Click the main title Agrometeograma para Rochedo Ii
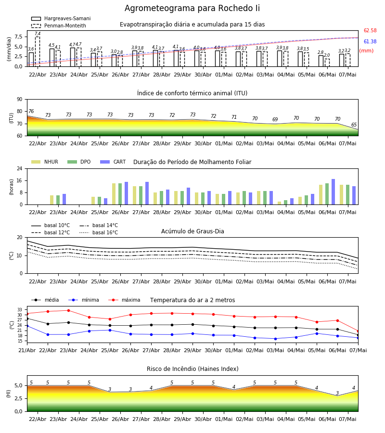tap(192, 8)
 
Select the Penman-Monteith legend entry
tap(59, 25)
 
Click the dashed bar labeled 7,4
tap(38, 51)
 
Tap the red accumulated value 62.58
tap(370, 30)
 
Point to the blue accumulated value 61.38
tap(370, 41)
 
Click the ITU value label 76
tap(31, 111)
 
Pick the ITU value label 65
tap(354, 125)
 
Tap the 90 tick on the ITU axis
tap(20, 100)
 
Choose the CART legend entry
tap(113, 162)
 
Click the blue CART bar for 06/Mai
tap(334, 192)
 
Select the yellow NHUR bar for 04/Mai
tap(280, 203)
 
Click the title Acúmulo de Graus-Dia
tap(192, 231)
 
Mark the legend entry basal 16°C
tap(99, 232)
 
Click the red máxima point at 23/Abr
tap(68, 310)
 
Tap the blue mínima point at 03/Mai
tap(275, 339)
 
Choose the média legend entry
tap(45, 300)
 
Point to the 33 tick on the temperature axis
tap(20, 310)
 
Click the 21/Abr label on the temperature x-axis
tap(27, 350)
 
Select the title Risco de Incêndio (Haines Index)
tap(192, 369)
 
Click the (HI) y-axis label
tap(8, 394)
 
